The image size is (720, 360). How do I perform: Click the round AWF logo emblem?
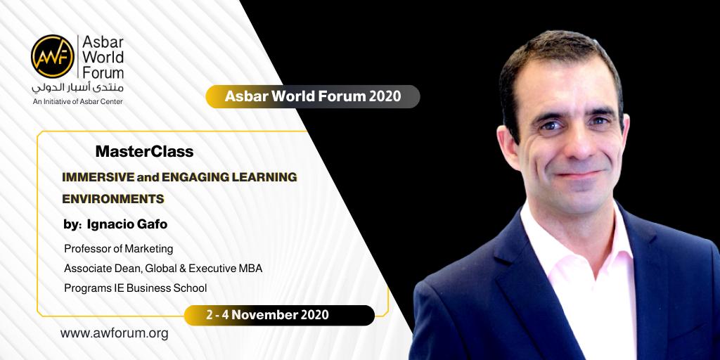(52, 56)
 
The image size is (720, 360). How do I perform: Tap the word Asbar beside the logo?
(103, 42)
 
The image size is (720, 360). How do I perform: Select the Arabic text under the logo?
(77, 87)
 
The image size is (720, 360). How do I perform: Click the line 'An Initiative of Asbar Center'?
(77, 101)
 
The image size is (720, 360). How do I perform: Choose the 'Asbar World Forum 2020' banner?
(313, 96)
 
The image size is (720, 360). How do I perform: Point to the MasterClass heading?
(144, 152)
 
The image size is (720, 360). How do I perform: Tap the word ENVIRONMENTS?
(113, 199)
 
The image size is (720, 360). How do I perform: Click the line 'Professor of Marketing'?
(118, 249)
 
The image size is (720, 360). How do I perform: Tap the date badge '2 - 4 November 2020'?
(279, 315)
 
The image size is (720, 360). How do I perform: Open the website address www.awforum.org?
(114, 333)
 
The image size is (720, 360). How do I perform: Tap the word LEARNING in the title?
(269, 176)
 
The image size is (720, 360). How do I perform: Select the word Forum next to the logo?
(103, 72)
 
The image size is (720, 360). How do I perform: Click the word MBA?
(250, 269)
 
